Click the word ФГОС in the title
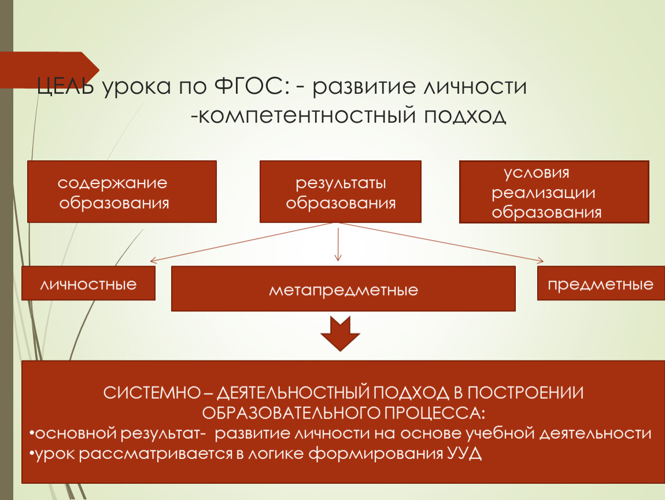click(x=249, y=87)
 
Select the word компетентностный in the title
click(x=306, y=115)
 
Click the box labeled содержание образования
click(x=122, y=192)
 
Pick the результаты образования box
click(x=341, y=192)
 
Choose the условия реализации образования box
click(x=555, y=192)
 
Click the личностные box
click(x=88, y=283)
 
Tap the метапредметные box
click(x=343, y=289)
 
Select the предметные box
click(x=601, y=283)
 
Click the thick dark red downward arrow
click(x=340, y=334)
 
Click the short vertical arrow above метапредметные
click(x=338, y=244)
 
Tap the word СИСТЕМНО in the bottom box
click(x=152, y=393)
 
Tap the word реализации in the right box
click(x=544, y=193)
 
